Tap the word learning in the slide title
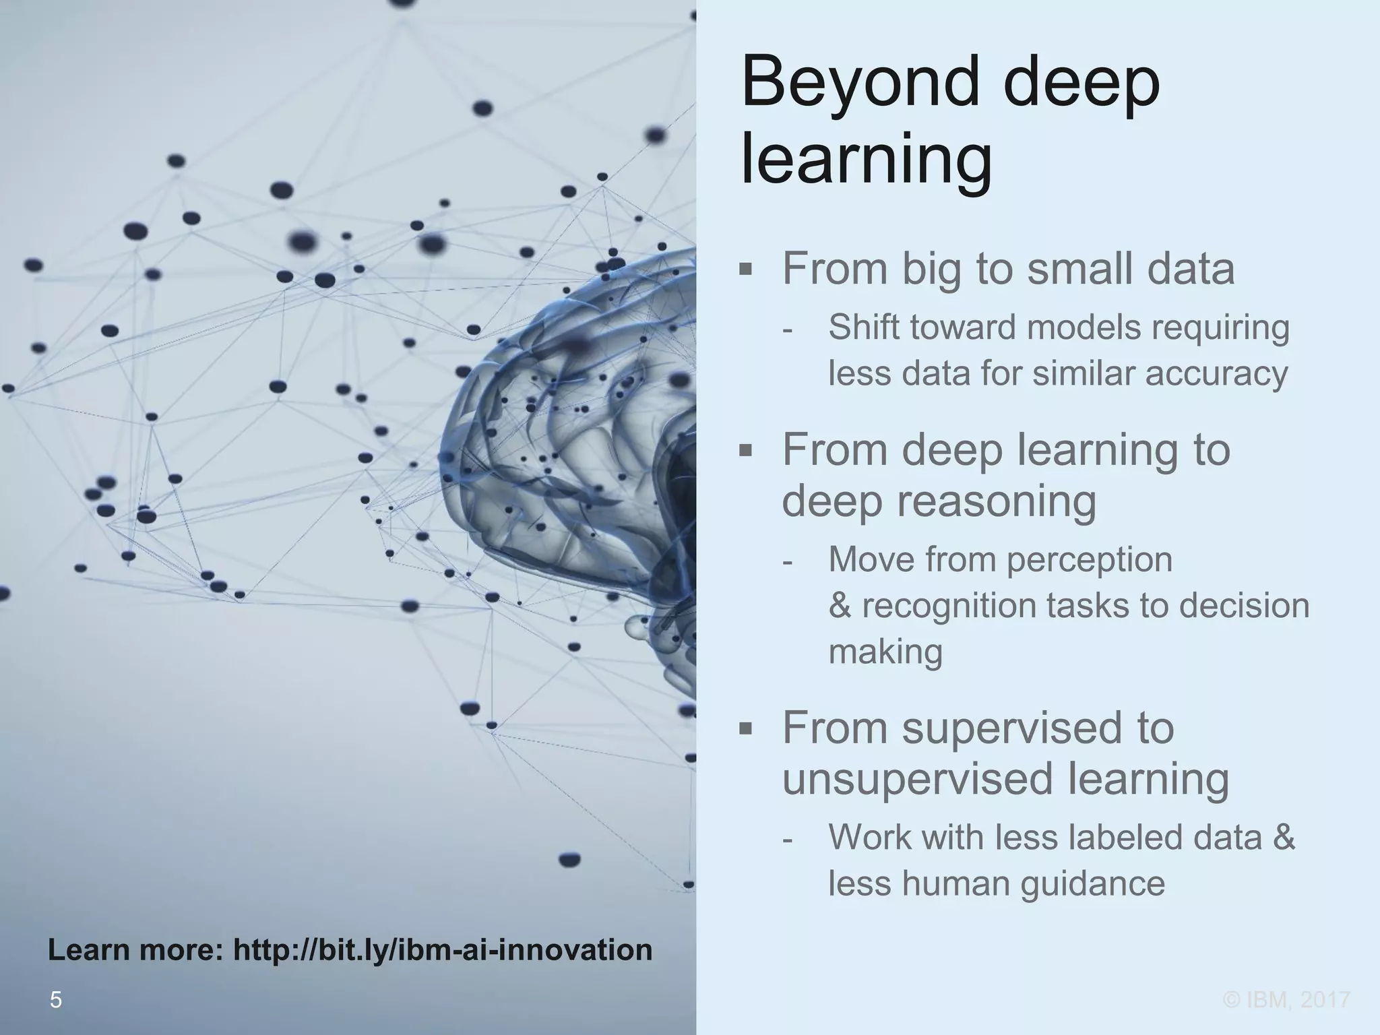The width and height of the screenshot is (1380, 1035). coord(866,160)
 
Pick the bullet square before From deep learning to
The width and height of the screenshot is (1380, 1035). coord(745,450)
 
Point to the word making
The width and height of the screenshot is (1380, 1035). coord(885,652)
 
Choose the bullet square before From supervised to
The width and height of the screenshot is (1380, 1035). coord(745,728)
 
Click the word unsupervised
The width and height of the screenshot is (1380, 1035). coord(916,779)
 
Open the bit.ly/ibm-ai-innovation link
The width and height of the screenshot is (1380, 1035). coord(442,950)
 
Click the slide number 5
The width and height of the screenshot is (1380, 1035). coord(56,1000)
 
